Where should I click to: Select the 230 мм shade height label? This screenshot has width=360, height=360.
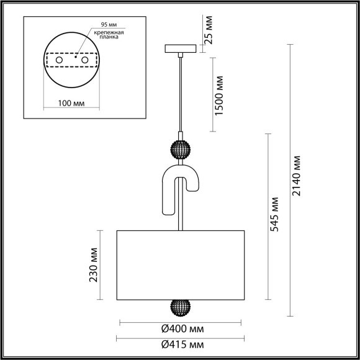pyautogui.click(x=94, y=266)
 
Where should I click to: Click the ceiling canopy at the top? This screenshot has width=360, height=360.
pyautogui.click(x=180, y=48)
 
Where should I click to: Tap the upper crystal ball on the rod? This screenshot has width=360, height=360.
pyautogui.click(x=180, y=151)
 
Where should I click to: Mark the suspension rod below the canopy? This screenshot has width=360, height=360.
pyautogui.click(x=180, y=93)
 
